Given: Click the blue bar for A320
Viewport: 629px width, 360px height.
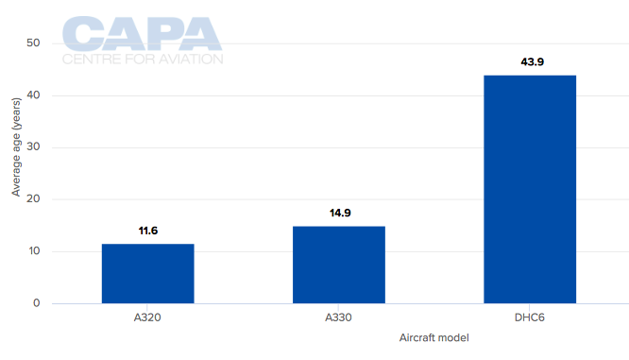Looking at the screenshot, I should tap(147, 273).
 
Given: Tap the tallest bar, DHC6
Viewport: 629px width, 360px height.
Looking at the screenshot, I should tap(530, 189).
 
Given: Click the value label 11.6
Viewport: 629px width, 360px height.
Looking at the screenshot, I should tap(147, 231).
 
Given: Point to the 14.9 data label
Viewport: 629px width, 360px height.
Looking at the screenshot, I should tap(338, 213).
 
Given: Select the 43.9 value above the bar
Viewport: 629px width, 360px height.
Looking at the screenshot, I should tap(530, 62).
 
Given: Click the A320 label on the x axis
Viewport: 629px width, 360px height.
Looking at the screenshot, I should tap(147, 317).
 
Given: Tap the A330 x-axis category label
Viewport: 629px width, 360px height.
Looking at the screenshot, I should tap(338, 317).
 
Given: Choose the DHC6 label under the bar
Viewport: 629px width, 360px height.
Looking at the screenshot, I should tap(530, 317).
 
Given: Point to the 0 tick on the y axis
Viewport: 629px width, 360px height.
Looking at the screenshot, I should tap(36, 303).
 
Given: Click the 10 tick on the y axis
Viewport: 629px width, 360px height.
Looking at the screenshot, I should tap(33, 251).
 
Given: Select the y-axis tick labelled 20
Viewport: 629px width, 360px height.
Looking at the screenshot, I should tap(33, 199).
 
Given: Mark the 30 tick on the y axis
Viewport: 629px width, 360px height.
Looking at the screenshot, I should tap(33, 147).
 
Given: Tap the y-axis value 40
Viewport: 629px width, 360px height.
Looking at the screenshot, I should tap(33, 95).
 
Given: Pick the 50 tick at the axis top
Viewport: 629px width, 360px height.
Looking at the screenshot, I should tap(33, 43).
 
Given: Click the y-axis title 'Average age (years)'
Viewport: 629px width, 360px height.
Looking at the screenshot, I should tap(15, 152).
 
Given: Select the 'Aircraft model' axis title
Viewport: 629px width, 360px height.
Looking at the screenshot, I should tap(433, 338).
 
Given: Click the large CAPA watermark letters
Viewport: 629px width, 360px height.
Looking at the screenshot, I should tap(142, 34).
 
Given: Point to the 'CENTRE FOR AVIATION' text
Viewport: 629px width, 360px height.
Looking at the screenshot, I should tap(143, 59).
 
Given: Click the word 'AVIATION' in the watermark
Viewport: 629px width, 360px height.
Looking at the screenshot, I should tap(189, 59).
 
